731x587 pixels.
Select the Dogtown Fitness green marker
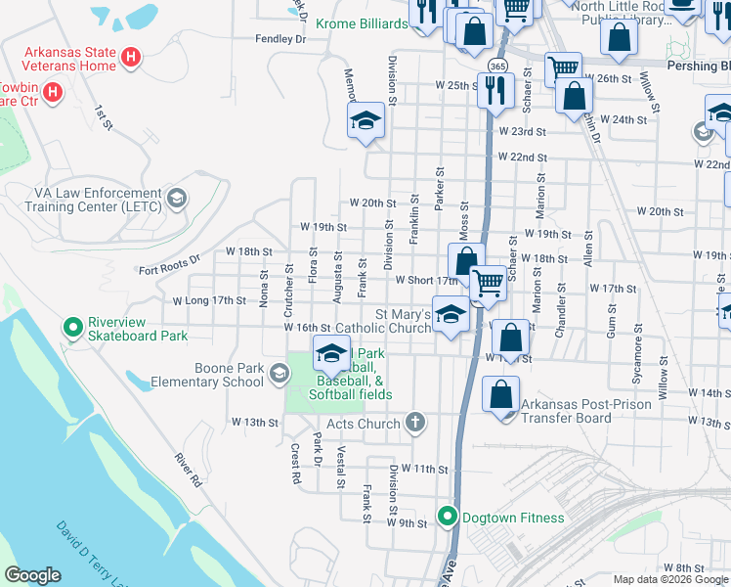(x=448, y=515)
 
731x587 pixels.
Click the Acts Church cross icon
(x=415, y=423)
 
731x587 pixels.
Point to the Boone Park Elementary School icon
(x=279, y=374)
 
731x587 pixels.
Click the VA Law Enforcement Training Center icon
(x=177, y=199)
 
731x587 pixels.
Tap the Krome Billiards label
(x=361, y=23)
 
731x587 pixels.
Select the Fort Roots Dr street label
(x=168, y=270)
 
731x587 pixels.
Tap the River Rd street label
(x=187, y=470)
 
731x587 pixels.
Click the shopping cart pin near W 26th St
(x=563, y=69)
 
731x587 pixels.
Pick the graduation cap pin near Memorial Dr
(x=366, y=121)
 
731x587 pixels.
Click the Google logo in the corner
(x=32, y=575)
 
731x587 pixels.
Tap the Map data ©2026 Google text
(x=670, y=579)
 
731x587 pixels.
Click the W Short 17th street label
(x=426, y=280)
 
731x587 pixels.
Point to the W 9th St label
(x=408, y=523)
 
